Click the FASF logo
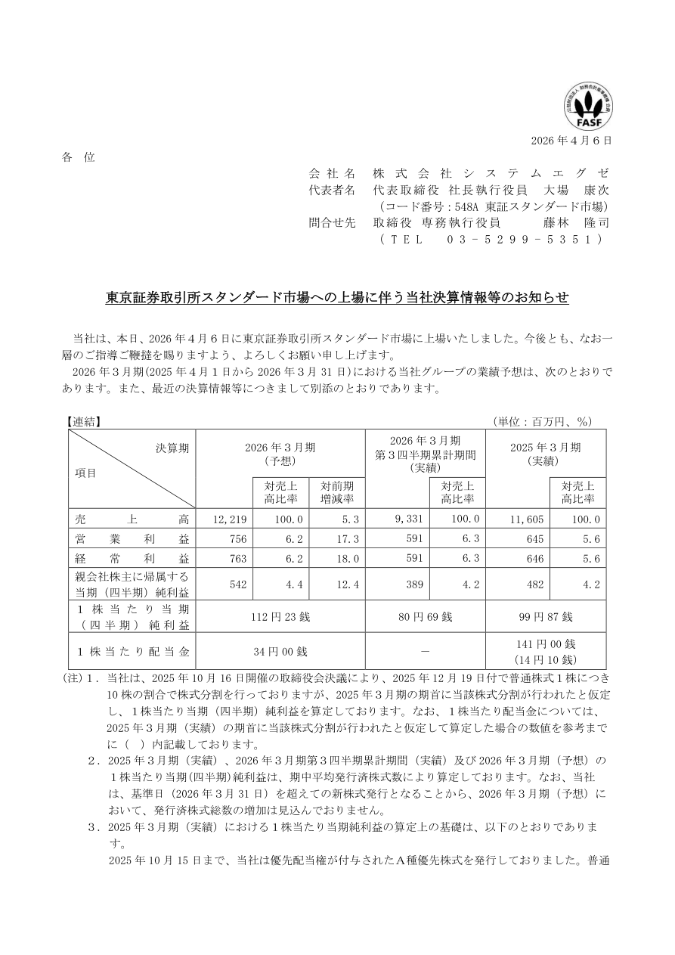pyautogui.click(x=588, y=109)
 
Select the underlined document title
pyautogui.click(x=337, y=298)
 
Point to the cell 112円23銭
pyautogui.click(x=280, y=616)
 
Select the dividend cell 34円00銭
pyautogui.click(x=280, y=650)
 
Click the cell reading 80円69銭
pyautogui.click(x=426, y=616)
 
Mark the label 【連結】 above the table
pyautogui.click(x=83, y=422)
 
